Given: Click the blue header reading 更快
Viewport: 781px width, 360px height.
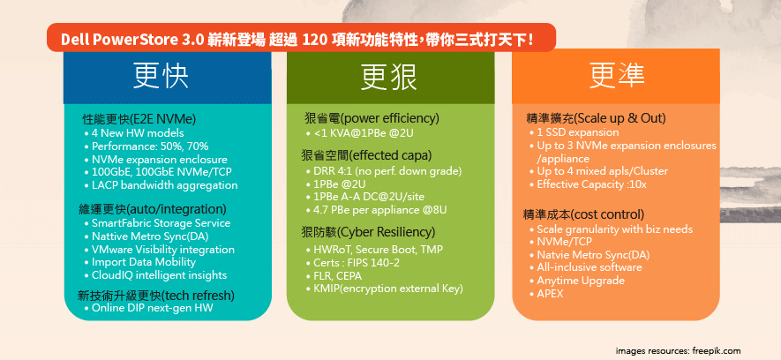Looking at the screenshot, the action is (168, 76).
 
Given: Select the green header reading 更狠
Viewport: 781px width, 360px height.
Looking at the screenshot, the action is (390, 76).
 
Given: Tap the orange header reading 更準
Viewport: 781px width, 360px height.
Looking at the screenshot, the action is (616, 76).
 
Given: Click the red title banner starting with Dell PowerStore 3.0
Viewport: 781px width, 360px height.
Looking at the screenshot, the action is (301, 38).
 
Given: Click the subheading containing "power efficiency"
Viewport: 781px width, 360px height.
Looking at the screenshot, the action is (372, 118).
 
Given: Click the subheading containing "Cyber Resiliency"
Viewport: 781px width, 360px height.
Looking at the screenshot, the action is (368, 232).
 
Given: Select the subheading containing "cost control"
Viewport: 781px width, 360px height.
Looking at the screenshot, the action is (583, 214).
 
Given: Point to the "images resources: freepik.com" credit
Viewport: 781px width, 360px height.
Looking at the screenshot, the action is (678, 351).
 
